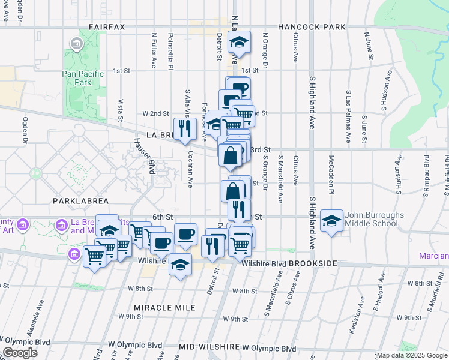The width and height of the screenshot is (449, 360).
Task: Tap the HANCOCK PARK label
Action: [312, 27]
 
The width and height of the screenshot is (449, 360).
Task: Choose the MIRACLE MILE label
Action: [164, 307]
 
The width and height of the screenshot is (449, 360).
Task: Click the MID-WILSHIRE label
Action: [209, 347]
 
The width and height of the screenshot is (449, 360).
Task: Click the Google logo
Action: [20, 353]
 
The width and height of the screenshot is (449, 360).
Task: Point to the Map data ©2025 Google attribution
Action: [411, 356]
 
